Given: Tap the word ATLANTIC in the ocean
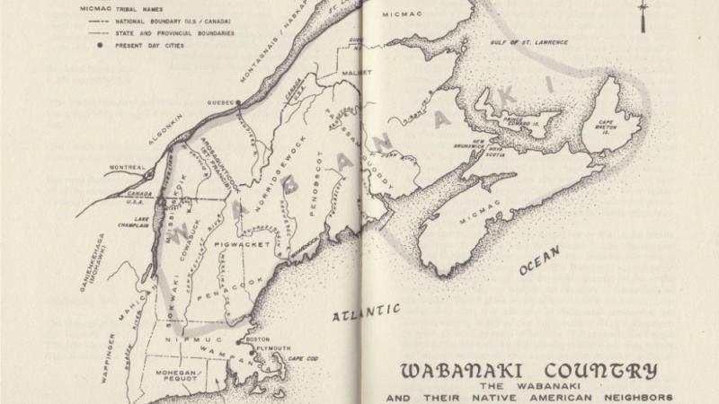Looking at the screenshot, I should [367, 314].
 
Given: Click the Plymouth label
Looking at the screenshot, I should [274, 348].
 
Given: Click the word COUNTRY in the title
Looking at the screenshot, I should [604, 370].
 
